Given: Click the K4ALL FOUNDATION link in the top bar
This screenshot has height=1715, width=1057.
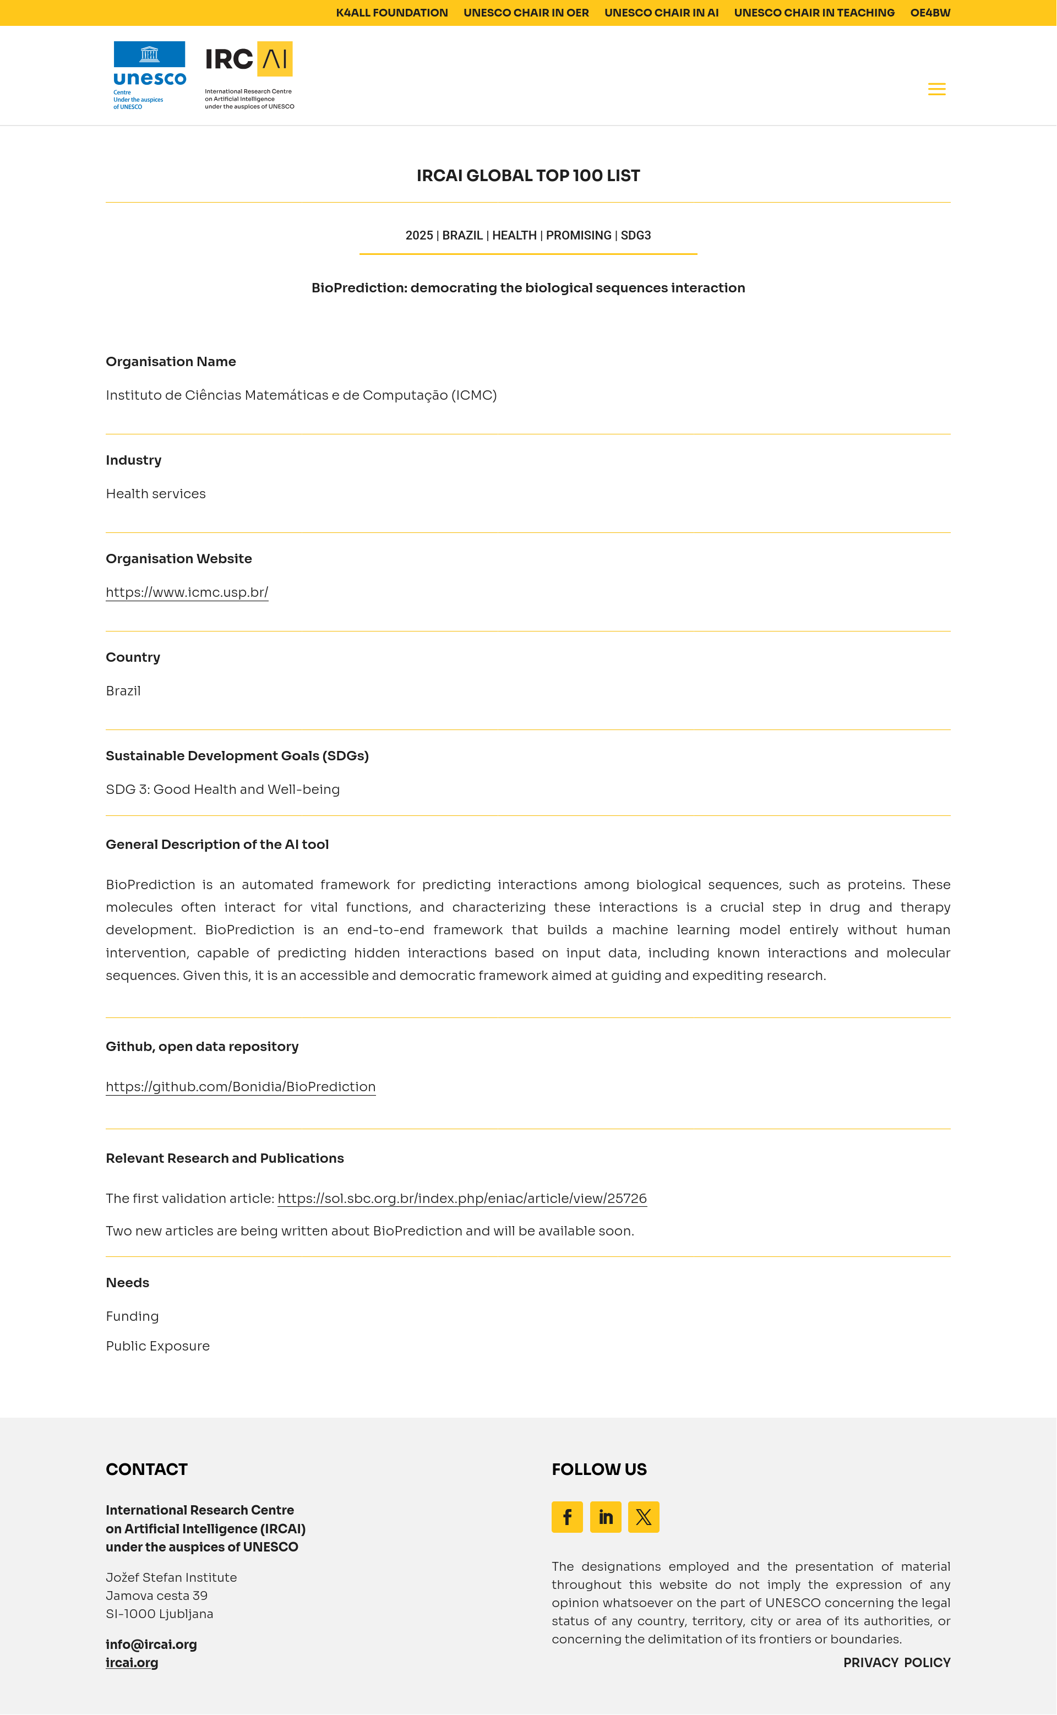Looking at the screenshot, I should (x=391, y=13).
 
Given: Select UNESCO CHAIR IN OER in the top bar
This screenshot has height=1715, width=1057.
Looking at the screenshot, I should (x=526, y=13).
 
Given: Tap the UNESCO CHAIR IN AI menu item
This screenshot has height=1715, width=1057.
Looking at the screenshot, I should (x=661, y=13).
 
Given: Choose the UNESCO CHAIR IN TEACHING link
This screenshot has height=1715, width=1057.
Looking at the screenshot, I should (x=814, y=13).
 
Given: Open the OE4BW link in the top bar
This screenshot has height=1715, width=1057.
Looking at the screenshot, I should (x=930, y=13).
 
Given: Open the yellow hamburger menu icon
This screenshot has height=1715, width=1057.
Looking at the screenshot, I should (x=936, y=89).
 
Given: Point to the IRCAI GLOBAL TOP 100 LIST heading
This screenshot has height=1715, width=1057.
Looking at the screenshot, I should (x=528, y=176).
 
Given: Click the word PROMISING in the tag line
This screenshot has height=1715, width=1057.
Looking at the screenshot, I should (x=578, y=236).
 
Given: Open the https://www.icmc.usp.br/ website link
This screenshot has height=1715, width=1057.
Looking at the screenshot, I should (x=187, y=592).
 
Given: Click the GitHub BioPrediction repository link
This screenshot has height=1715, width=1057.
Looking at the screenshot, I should (x=241, y=1086).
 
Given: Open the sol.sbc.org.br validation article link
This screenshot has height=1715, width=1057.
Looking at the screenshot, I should (x=461, y=1199).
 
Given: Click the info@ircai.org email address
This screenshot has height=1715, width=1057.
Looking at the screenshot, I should (x=151, y=1645).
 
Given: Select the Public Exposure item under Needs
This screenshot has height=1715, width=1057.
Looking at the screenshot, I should (x=157, y=1346).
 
